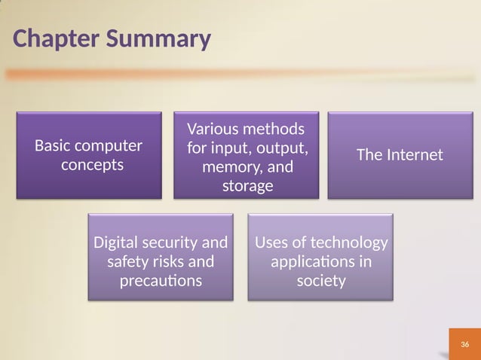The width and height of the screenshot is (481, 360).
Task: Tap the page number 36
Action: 464,344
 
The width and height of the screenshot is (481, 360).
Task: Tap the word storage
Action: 247,185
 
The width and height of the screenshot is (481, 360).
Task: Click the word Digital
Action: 116,243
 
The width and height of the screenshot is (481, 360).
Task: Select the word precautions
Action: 161,282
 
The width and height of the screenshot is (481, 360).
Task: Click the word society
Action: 321,282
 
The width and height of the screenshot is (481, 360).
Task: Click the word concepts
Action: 92,165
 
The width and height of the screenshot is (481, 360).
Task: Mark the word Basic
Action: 52,145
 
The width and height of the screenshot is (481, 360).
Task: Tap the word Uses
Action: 272,243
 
